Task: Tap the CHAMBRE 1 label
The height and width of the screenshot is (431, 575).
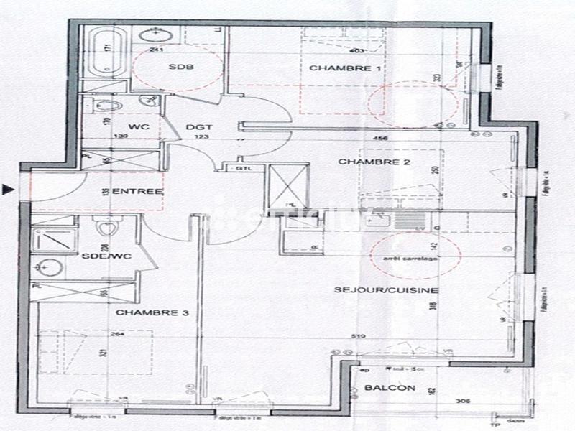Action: pos(334,68)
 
